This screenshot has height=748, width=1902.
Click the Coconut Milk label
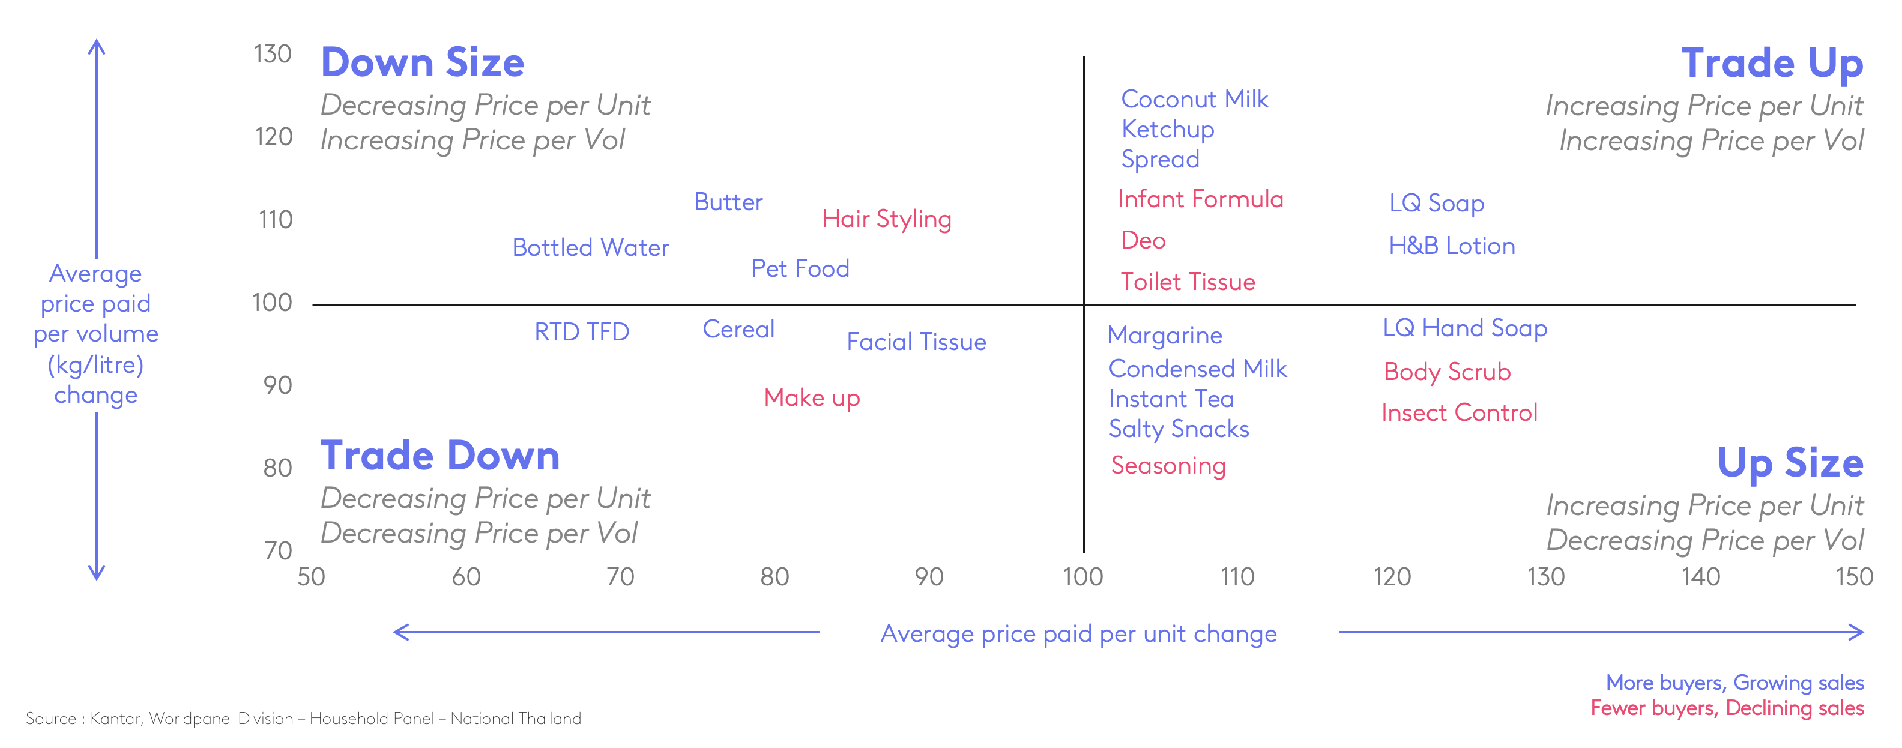tap(1194, 99)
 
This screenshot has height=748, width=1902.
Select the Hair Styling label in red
tap(886, 219)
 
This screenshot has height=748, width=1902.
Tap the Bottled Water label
tap(590, 247)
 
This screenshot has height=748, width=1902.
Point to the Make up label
tap(812, 398)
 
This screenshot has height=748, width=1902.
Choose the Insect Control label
tap(1459, 413)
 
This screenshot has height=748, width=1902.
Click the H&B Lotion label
tap(1451, 246)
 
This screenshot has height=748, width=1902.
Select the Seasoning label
tap(1168, 466)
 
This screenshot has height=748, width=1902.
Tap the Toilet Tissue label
tap(1188, 282)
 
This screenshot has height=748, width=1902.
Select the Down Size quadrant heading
tap(422, 64)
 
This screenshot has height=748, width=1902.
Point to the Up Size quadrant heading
tap(1789, 463)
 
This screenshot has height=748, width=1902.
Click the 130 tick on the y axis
tap(273, 55)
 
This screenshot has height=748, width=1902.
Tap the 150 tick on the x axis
tap(1853, 577)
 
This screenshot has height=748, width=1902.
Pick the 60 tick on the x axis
tap(466, 577)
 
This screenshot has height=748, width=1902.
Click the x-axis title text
tap(1078, 633)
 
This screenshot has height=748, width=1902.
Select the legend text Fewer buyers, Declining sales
tap(1726, 708)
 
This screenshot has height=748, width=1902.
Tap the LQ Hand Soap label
tap(1464, 328)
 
